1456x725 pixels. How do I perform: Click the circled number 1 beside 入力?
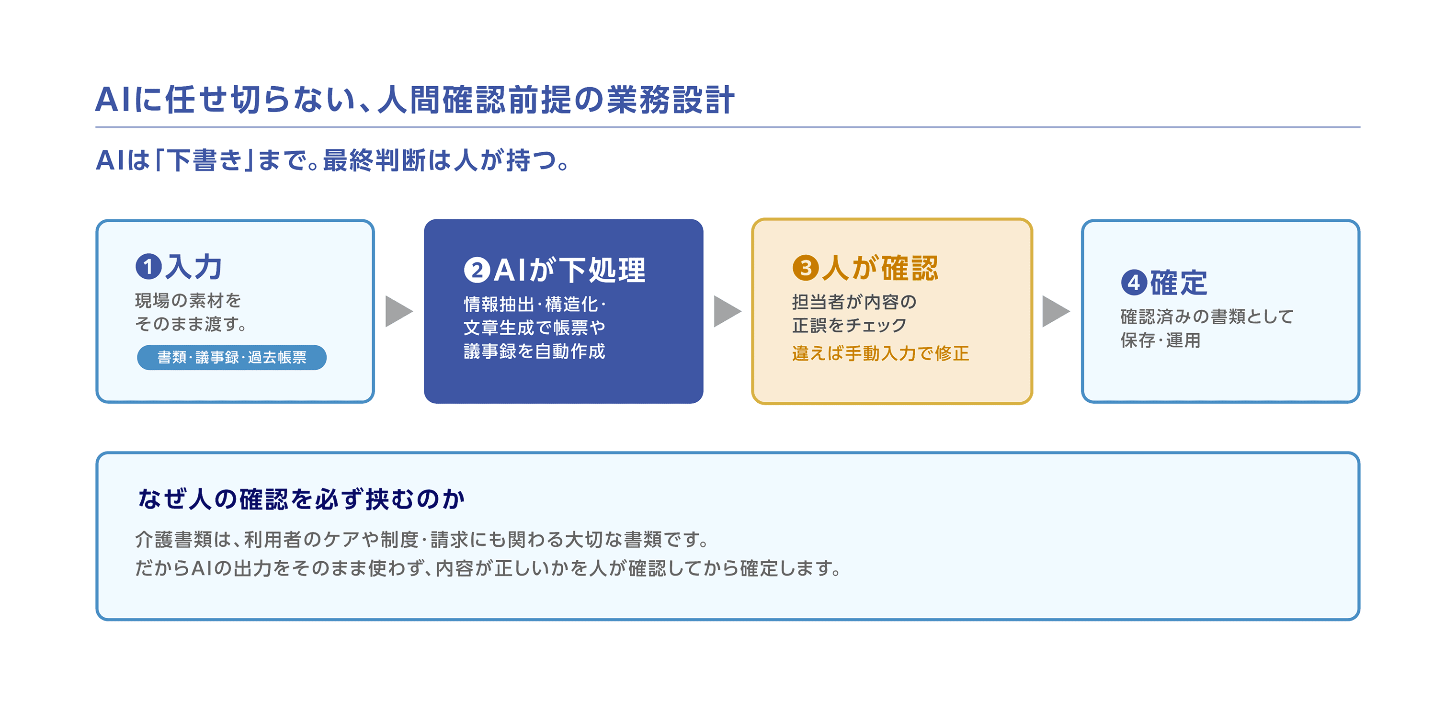click(x=148, y=267)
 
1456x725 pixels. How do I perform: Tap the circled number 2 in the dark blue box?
click(x=477, y=270)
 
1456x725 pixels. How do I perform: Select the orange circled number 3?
click(x=806, y=268)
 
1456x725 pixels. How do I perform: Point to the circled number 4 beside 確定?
click(x=1134, y=283)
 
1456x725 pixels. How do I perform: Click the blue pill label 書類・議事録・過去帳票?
click(x=232, y=357)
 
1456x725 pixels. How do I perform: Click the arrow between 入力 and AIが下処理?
click(x=399, y=311)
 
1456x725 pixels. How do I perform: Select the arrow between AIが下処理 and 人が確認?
click(x=728, y=311)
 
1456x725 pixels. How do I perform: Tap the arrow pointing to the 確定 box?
click(x=1056, y=311)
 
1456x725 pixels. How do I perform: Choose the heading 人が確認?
click(x=880, y=268)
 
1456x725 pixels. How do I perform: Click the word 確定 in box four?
click(x=1179, y=283)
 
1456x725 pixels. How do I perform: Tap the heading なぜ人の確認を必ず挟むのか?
click(x=302, y=499)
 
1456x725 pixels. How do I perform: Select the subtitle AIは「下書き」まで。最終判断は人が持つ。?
click(x=333, y=160)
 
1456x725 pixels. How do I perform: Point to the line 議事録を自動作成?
click(x=534, y=351)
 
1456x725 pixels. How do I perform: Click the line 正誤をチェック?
click(x=850, y=326)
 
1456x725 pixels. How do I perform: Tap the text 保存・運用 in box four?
click(x=1160, y=340)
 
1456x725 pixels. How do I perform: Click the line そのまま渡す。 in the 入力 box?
click(x=191, y=324)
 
